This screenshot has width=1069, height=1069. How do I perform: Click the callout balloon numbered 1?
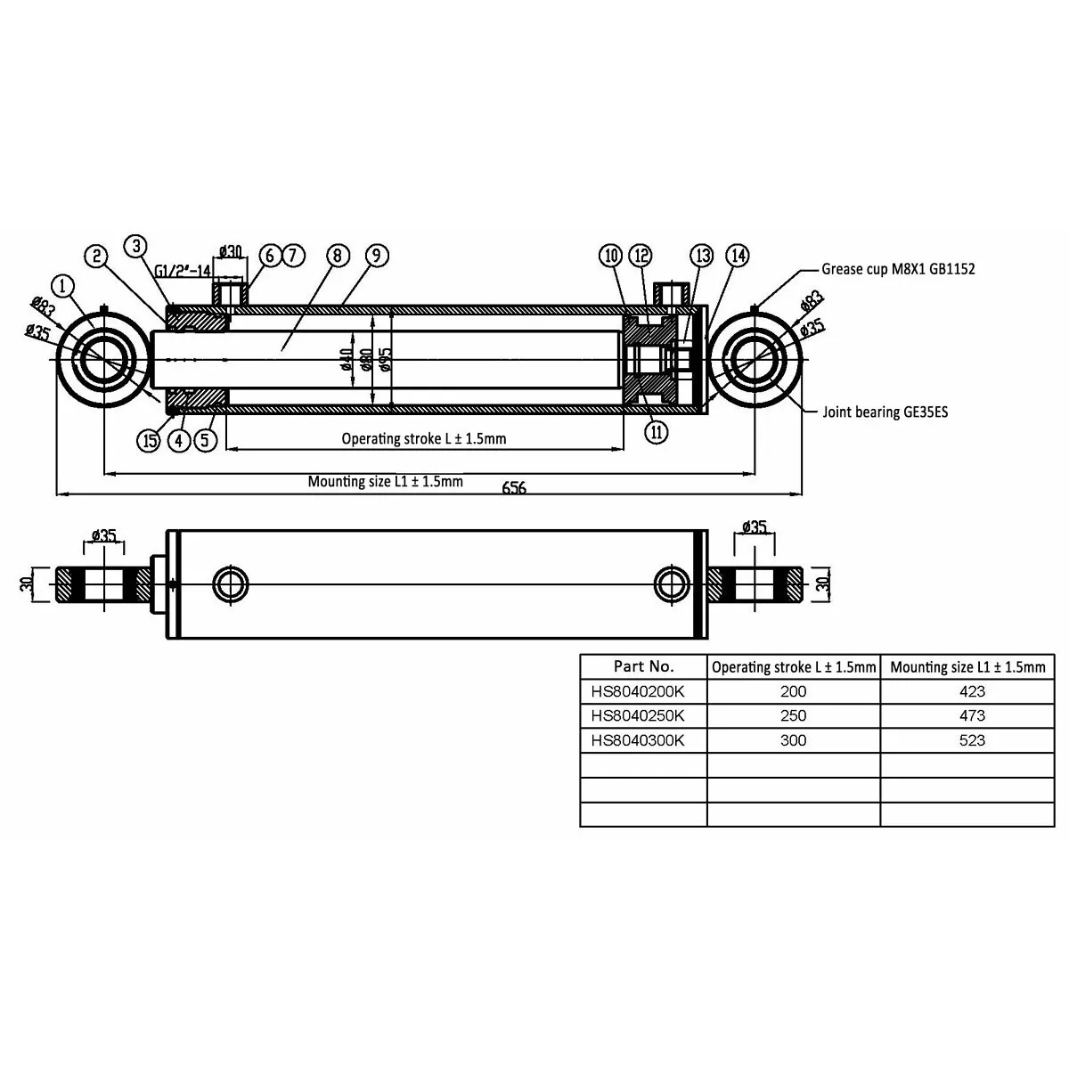point(63,286)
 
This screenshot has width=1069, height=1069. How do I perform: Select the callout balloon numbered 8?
point(336,256)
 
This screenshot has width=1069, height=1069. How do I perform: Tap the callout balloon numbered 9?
point(376,256)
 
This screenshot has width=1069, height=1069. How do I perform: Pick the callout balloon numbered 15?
point(150,439)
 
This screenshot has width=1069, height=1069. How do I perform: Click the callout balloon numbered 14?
point(737,256)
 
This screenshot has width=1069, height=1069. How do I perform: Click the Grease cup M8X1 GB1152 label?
point(898,268)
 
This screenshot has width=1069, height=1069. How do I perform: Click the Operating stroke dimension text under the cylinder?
point(424,438)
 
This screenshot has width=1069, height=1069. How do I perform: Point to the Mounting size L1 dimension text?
point(385,482)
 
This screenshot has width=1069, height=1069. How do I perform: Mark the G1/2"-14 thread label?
point(183,271)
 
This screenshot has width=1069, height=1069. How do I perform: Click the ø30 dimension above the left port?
point(231,251)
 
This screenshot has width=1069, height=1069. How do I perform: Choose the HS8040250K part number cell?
point(637,715)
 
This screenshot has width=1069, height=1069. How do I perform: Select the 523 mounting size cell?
point(972,740)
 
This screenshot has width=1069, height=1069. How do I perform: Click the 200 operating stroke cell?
point(793,691)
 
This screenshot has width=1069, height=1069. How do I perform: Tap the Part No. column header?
point(644,666)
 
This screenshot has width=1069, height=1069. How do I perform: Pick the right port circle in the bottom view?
point(671,584)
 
